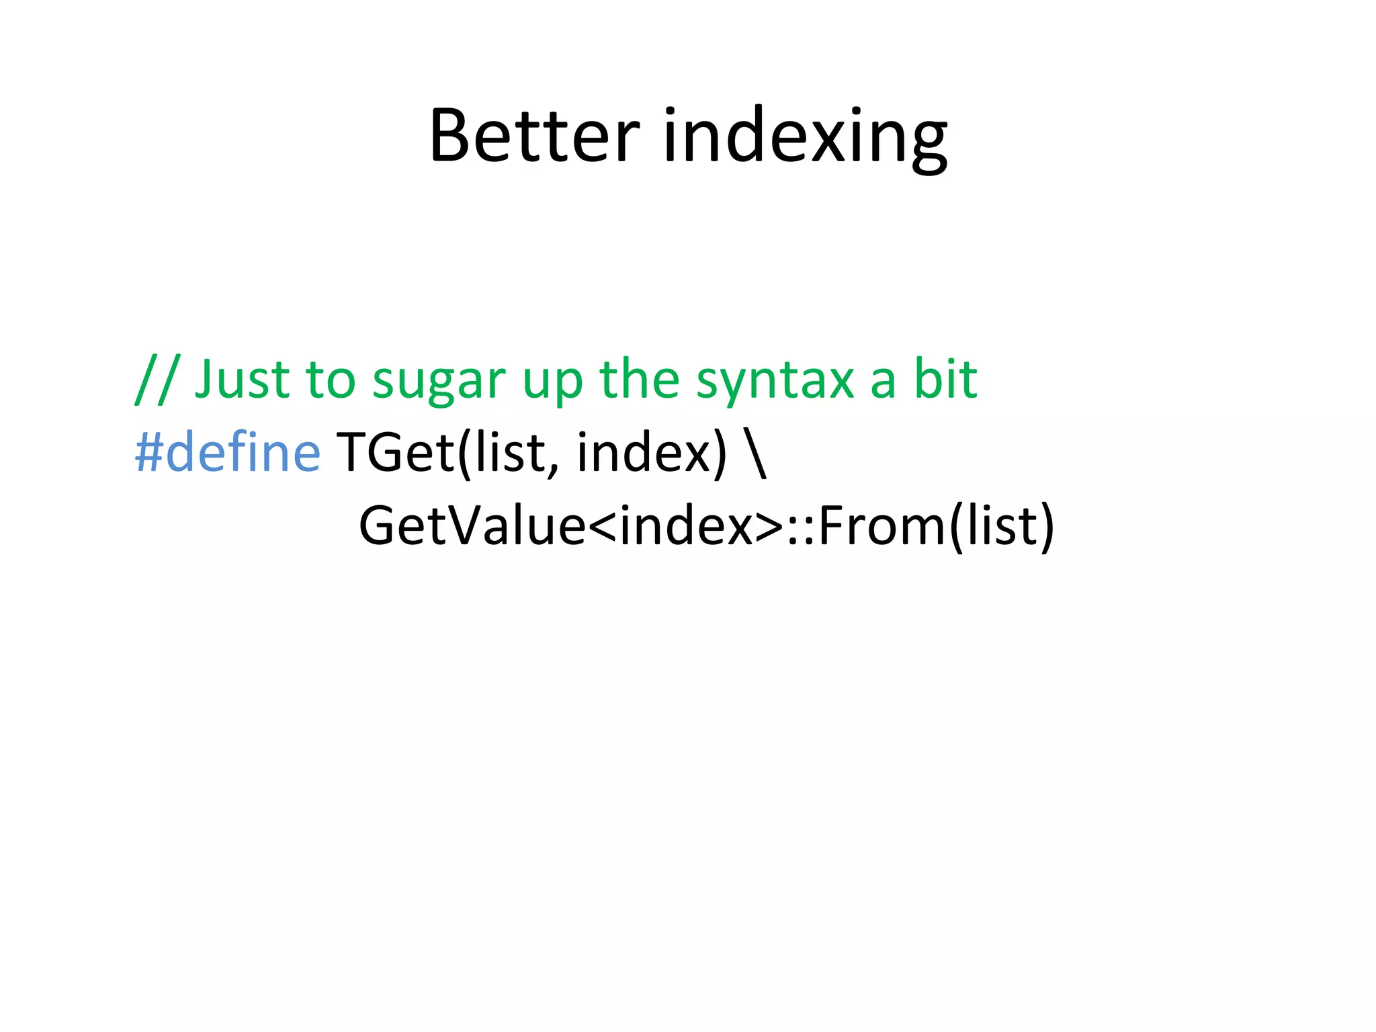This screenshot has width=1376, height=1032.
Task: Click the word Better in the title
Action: click(534, 136)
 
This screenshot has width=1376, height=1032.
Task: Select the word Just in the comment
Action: click(242, 380)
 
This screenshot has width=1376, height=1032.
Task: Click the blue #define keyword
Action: click(228, 452)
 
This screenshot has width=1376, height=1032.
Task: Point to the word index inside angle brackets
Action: click(686, 526)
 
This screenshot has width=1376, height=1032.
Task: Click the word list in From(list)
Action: click(1000, 526)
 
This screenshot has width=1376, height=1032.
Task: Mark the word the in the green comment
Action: click(639, 379)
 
